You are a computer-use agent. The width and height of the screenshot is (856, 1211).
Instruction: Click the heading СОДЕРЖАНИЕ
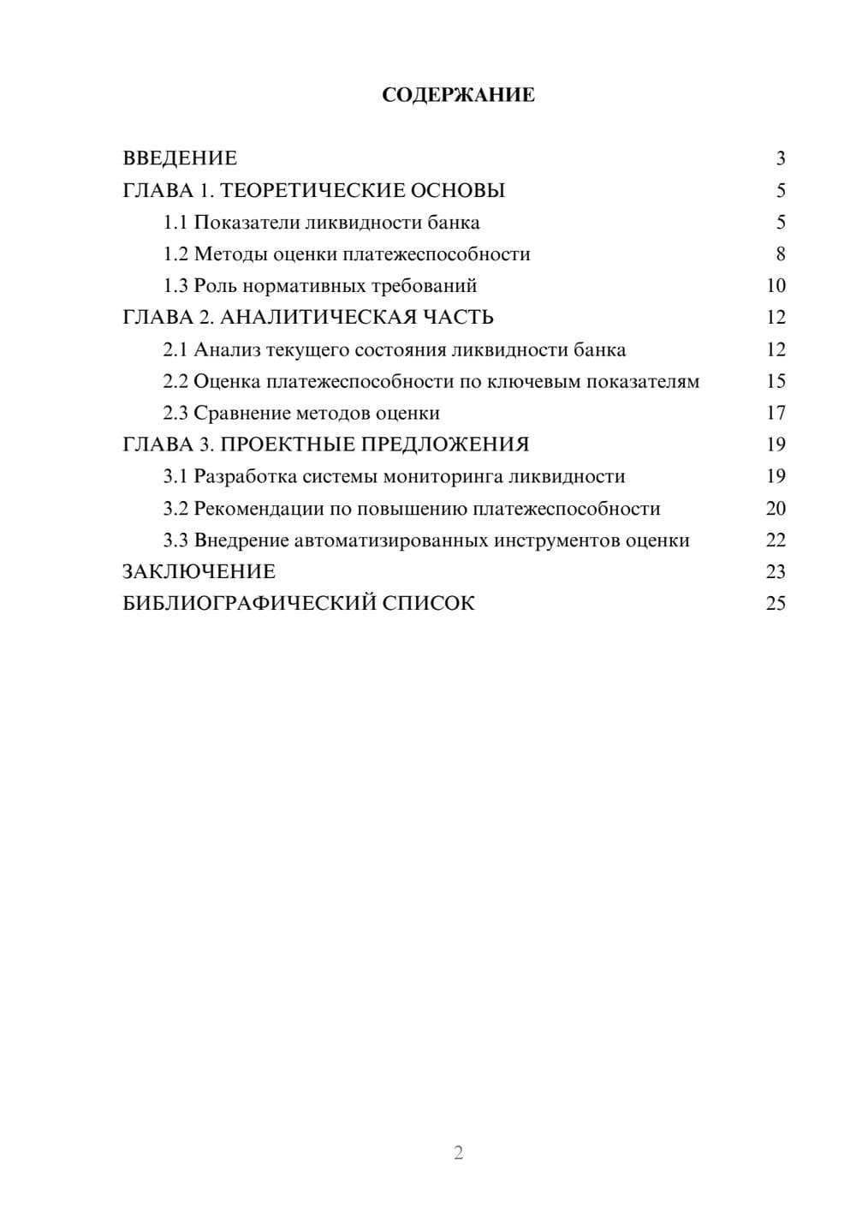pos(458,95)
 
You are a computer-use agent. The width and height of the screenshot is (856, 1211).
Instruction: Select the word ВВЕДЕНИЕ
pos(180,158)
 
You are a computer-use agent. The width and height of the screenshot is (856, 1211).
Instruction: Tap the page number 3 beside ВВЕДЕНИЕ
pos(780,158)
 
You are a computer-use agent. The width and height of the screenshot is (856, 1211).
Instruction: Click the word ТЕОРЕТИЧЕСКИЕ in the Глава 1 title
pos(306,190)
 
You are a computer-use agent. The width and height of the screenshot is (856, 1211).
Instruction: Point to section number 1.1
pos(175,223)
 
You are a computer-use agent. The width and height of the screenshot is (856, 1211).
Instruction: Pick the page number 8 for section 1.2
pos(780,254)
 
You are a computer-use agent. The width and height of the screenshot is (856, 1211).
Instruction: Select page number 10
pos(776,286)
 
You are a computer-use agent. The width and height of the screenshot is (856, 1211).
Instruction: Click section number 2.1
pos(175,350)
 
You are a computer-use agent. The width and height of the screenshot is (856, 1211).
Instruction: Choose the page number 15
pos(776,381)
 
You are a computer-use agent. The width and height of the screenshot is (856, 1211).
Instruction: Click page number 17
pos(776,414)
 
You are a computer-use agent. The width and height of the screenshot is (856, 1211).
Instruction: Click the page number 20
pos(776,509)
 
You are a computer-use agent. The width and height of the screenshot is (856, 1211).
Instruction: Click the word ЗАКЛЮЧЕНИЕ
pos(199,572)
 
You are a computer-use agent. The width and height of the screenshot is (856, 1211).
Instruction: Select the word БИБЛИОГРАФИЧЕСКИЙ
pos(249,604)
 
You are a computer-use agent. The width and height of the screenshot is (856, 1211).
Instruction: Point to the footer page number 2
pos(458,1153)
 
